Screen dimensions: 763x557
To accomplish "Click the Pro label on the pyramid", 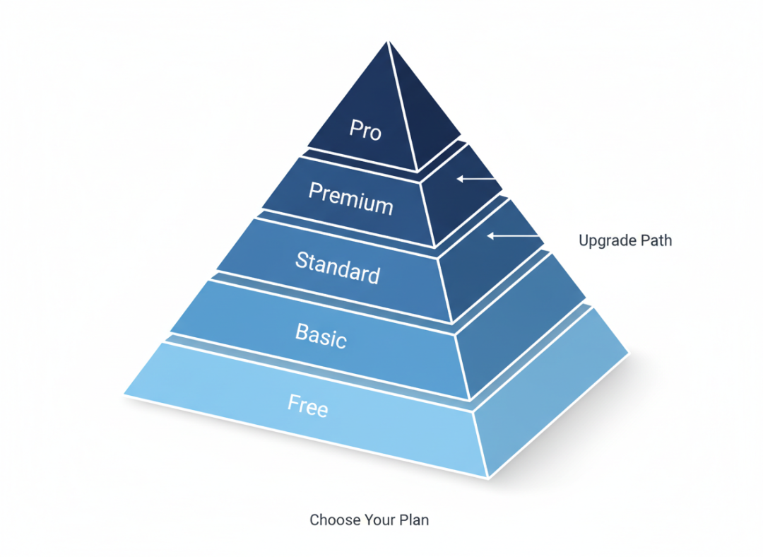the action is point(365,129).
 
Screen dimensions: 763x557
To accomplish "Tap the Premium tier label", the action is point(350,198).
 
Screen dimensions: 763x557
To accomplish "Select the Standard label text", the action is point(338,266).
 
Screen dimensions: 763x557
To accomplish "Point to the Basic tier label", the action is point(321,334).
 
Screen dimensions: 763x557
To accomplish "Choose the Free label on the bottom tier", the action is point(307,405).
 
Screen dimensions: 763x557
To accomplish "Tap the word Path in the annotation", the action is point(656,240).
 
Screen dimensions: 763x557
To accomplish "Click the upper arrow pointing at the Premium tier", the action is point(477,178).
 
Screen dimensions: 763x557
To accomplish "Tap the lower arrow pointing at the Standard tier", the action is point(512,235).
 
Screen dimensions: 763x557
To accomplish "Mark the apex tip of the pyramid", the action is point(388,42).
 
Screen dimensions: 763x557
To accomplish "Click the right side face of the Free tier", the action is point(551,396).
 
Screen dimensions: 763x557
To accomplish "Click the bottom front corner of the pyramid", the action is point(487,478).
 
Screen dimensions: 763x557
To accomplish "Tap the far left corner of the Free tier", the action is point(124,393).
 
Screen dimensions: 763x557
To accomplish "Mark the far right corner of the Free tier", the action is point(628,352).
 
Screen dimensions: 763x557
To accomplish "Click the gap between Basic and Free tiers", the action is point(318,371).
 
